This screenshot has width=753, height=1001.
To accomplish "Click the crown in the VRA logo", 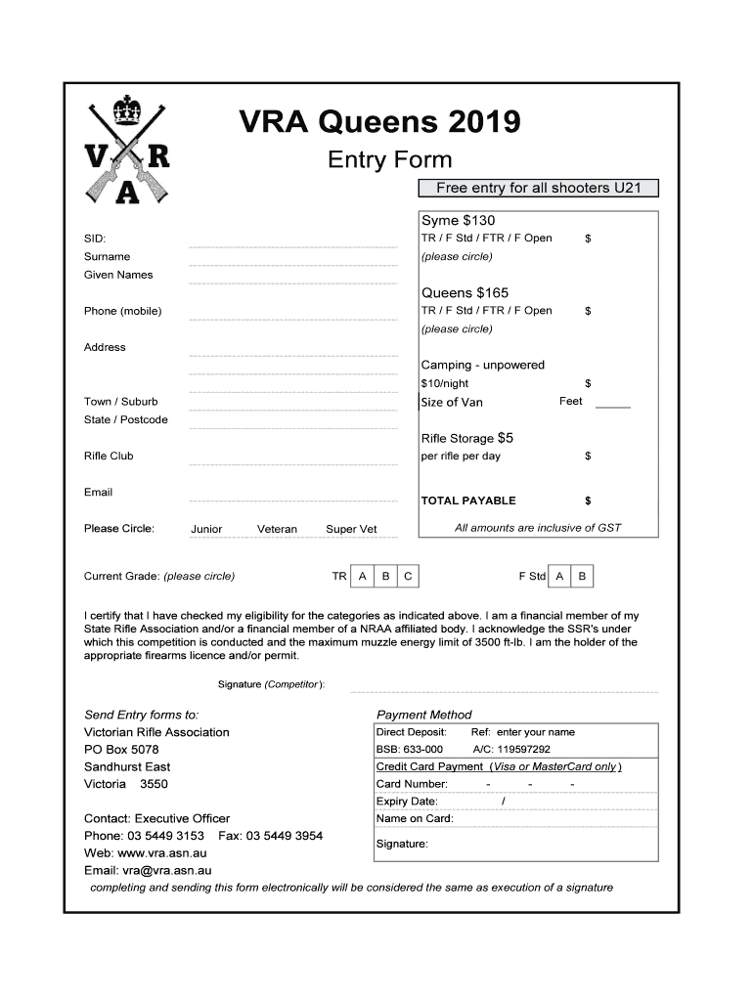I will [x=128, y=109].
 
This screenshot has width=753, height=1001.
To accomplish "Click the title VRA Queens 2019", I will [x=380, y=122].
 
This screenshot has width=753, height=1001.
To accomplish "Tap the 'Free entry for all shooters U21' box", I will [x=538, y=188].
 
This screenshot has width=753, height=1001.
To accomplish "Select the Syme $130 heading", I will [x=458, y=220].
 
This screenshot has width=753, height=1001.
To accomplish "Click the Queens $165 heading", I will [x=465, y=292].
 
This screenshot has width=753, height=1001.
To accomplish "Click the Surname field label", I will [x=107, y=256].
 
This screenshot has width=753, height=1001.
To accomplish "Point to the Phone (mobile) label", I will [x=123, y=311].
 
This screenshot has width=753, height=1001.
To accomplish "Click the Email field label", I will [x=98, y=492].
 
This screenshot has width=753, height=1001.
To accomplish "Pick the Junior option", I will [x=206, y=529].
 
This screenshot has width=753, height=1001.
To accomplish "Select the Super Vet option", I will [x=351, y=529].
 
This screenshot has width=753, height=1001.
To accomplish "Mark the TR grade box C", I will [x=409, y=577].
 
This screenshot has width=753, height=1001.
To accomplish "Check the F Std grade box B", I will [x=582, y=577].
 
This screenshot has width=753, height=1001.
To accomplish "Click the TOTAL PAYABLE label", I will [x=467, y=500].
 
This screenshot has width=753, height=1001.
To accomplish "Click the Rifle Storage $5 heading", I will [x=466, y=438].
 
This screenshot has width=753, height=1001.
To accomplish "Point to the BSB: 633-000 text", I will [x=409, y=750].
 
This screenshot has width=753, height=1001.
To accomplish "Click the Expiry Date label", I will [x=407, y=802].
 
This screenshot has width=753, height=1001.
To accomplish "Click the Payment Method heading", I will [x=424, y=715].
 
